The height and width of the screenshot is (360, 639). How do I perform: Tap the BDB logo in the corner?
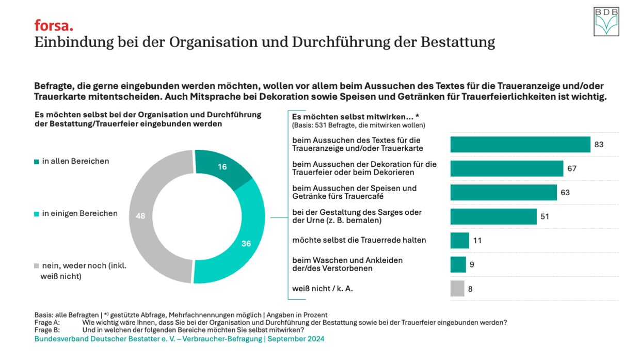coord(606,22)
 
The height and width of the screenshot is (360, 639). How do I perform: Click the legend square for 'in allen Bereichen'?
coord(37,162)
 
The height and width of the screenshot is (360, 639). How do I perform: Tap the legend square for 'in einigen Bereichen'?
coord(37,214)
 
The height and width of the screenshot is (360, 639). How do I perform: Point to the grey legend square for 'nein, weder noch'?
coord(37,266)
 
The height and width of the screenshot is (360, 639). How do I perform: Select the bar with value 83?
coord(520,145)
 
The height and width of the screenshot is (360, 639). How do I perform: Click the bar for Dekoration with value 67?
coord(506,168)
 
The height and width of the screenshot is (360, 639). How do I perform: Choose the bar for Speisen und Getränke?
coord(503,193)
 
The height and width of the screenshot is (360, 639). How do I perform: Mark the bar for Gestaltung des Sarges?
coord(493,216)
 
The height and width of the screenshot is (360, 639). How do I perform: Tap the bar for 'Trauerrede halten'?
coord(459,241)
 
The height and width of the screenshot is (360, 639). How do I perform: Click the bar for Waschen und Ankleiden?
coord(458,264)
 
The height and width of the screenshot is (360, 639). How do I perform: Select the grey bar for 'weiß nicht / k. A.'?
coord(457,289)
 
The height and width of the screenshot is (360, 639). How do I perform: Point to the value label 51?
coord(545,216)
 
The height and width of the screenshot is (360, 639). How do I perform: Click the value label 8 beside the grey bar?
coord(470,289)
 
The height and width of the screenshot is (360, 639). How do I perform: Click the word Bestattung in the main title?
coord(458,42)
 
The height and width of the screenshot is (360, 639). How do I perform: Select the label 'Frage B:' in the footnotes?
coord(47,330)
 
